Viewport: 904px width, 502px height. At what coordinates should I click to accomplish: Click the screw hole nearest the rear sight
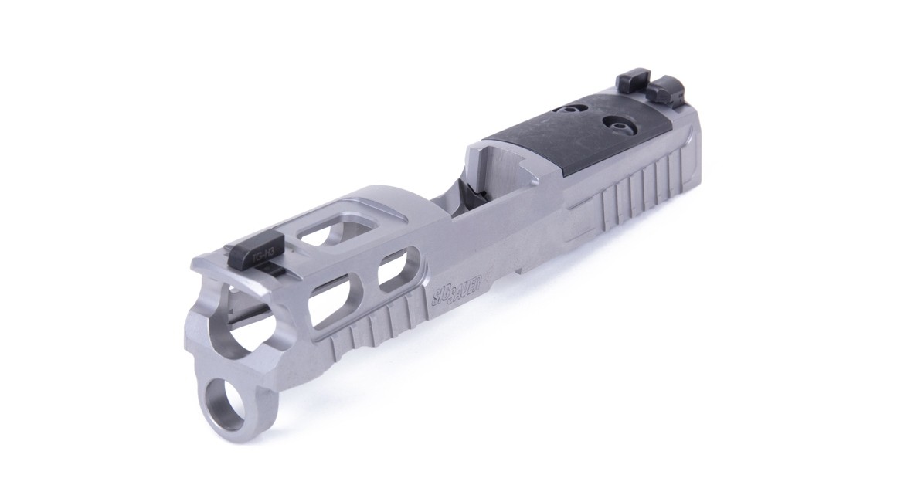(618, 124)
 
